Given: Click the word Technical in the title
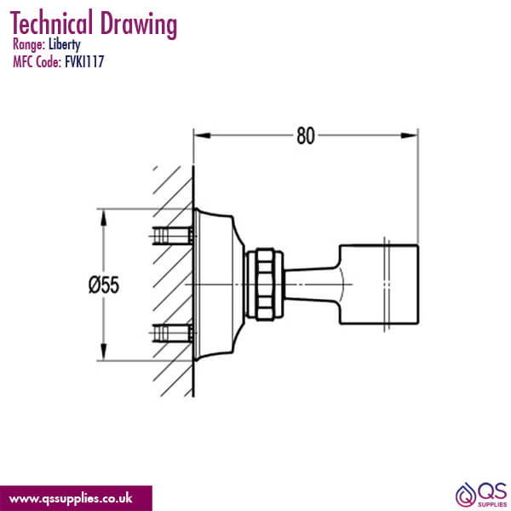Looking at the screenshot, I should (x=55, y=24).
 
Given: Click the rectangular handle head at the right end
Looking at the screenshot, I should (x=380, y=284).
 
